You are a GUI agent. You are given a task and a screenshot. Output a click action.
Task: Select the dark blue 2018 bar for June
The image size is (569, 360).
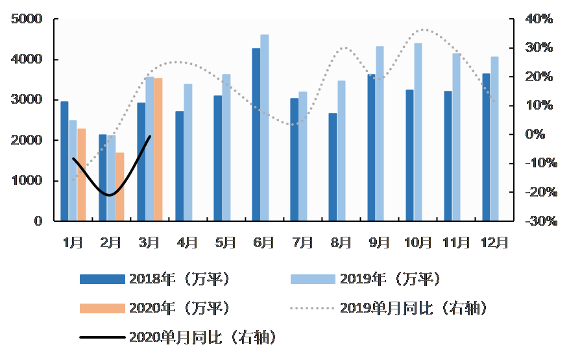256,134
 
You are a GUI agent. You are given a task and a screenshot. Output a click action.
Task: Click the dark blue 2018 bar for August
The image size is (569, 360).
333,167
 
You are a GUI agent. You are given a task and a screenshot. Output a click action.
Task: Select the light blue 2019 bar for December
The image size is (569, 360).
494,139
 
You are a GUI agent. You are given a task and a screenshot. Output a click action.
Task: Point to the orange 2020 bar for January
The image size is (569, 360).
82,174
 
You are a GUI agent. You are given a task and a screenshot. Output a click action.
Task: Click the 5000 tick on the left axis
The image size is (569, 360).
27,19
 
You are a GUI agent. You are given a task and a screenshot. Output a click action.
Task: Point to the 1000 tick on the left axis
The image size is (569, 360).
27,180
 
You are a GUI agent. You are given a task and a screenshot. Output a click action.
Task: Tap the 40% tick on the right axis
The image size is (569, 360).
539,19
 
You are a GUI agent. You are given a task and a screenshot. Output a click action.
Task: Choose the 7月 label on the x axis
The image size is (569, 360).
302,243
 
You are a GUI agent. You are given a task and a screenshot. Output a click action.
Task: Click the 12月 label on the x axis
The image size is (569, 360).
494,243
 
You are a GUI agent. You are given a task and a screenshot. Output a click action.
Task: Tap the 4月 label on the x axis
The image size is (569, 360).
187,243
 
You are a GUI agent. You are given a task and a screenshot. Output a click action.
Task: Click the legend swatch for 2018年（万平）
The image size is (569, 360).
101,279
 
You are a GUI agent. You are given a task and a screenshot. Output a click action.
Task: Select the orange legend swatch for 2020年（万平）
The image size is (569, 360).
101,308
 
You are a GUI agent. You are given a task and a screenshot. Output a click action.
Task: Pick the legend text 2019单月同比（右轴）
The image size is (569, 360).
413,308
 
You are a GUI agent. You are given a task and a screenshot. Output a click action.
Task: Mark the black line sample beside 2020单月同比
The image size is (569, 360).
101,337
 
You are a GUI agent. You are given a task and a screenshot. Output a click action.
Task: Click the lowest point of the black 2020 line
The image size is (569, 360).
110,195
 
